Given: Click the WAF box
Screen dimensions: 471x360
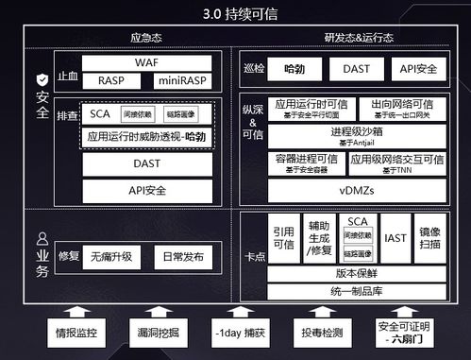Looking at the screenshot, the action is [x=146, y=62].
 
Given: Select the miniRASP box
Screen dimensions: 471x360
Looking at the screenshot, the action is [x=182, y=80].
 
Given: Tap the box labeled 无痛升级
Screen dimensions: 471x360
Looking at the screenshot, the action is [x=111, y=256].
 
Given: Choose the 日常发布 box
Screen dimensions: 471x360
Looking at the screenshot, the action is [x=180, y=256].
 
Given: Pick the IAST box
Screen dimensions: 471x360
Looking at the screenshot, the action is [x=395, y=238].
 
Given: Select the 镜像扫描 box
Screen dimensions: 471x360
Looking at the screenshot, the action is [x=429, y=238].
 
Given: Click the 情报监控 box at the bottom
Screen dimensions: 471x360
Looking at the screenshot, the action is [x=76, y=333].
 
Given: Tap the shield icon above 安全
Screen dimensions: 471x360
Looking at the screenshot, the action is [x=41, y=81].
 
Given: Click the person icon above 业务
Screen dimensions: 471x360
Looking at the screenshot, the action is [x=41, y=239].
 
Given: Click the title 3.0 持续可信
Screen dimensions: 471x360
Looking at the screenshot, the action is [x=235, y=14].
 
